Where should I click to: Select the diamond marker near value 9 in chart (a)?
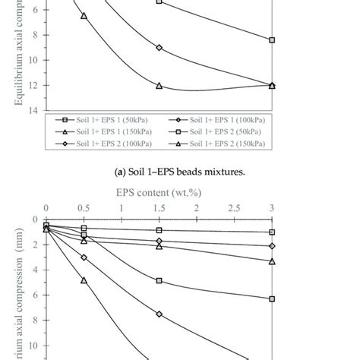tap(159, 47)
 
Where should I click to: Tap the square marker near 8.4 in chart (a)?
tap(272, 39)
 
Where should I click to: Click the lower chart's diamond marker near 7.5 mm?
tap(159, 314)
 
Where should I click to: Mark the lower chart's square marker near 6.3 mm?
tap(272, 298)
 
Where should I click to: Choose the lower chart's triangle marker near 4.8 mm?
tap(84, 280)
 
